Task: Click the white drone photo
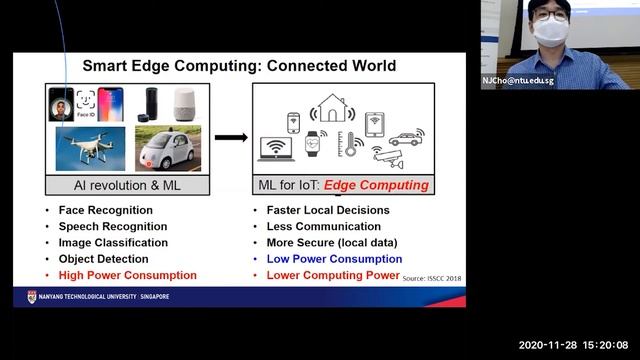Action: point(88,151)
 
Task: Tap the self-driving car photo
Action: point(168,152)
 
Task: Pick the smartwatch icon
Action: point(313,142)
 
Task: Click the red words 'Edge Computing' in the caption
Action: point(385,185)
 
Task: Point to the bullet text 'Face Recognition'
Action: point(105,211)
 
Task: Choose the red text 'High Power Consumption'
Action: point(127,275)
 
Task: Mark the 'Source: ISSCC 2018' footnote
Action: point(432,279)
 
